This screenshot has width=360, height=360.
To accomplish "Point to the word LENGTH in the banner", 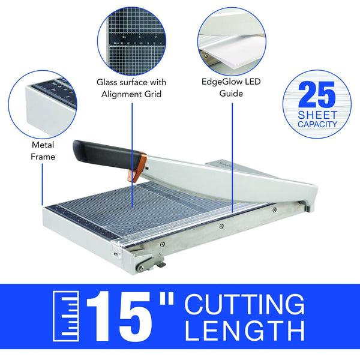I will tap(244, 331).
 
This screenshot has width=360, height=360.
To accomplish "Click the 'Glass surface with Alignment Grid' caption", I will tap(132, 88).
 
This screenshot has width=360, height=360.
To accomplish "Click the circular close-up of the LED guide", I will tap(230, 40).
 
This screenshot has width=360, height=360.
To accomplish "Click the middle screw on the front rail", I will tap(221, 226).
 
